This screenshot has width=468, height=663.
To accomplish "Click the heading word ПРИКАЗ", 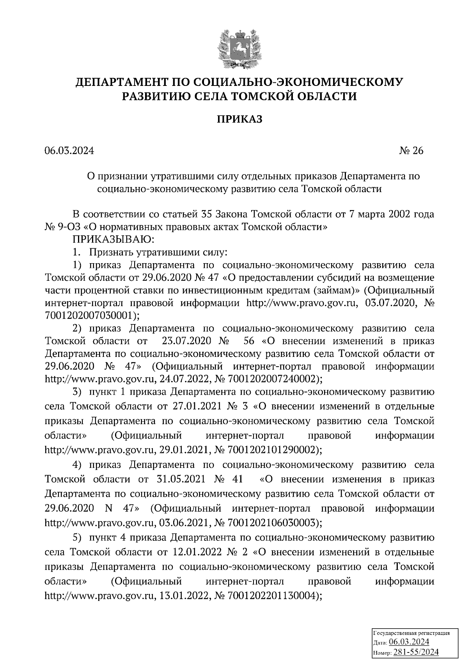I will (x=239, y=119).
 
